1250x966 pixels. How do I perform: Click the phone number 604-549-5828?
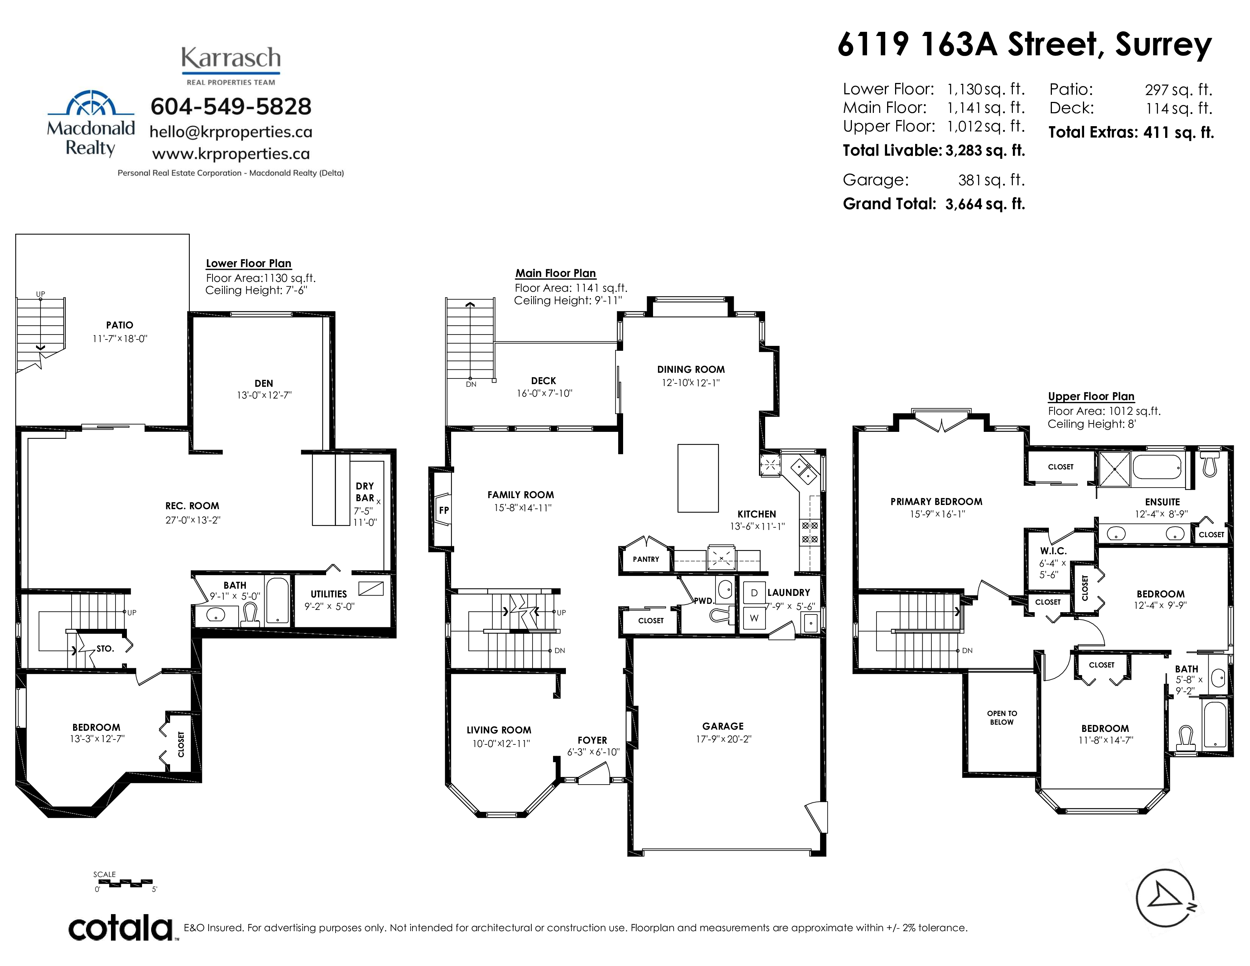pyautogui.click(x=231, y=106)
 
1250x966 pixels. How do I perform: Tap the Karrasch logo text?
pyautogui.click(x=231, y=58)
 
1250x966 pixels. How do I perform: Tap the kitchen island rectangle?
pyautogui.click(x=698, y=478)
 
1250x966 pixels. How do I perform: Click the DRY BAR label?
pyautogui.click(x=364, y=492)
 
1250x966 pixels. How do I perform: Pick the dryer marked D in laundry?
pyautogui.click(x=754, y=593)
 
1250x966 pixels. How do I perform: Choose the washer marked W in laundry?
pyautogui.click(x=754, y=618)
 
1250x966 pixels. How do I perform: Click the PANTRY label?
pyautogui.click(x=645, y=559)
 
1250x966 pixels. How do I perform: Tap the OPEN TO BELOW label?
pyautogui.click(x=1002, y=717)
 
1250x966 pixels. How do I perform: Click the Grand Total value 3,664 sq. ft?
pyautogui.click(x=985, y=204)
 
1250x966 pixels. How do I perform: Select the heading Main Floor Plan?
pyautogui.click(x=555, y=273)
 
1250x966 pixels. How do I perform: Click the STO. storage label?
pyautogui.click(x=105, y=649)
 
